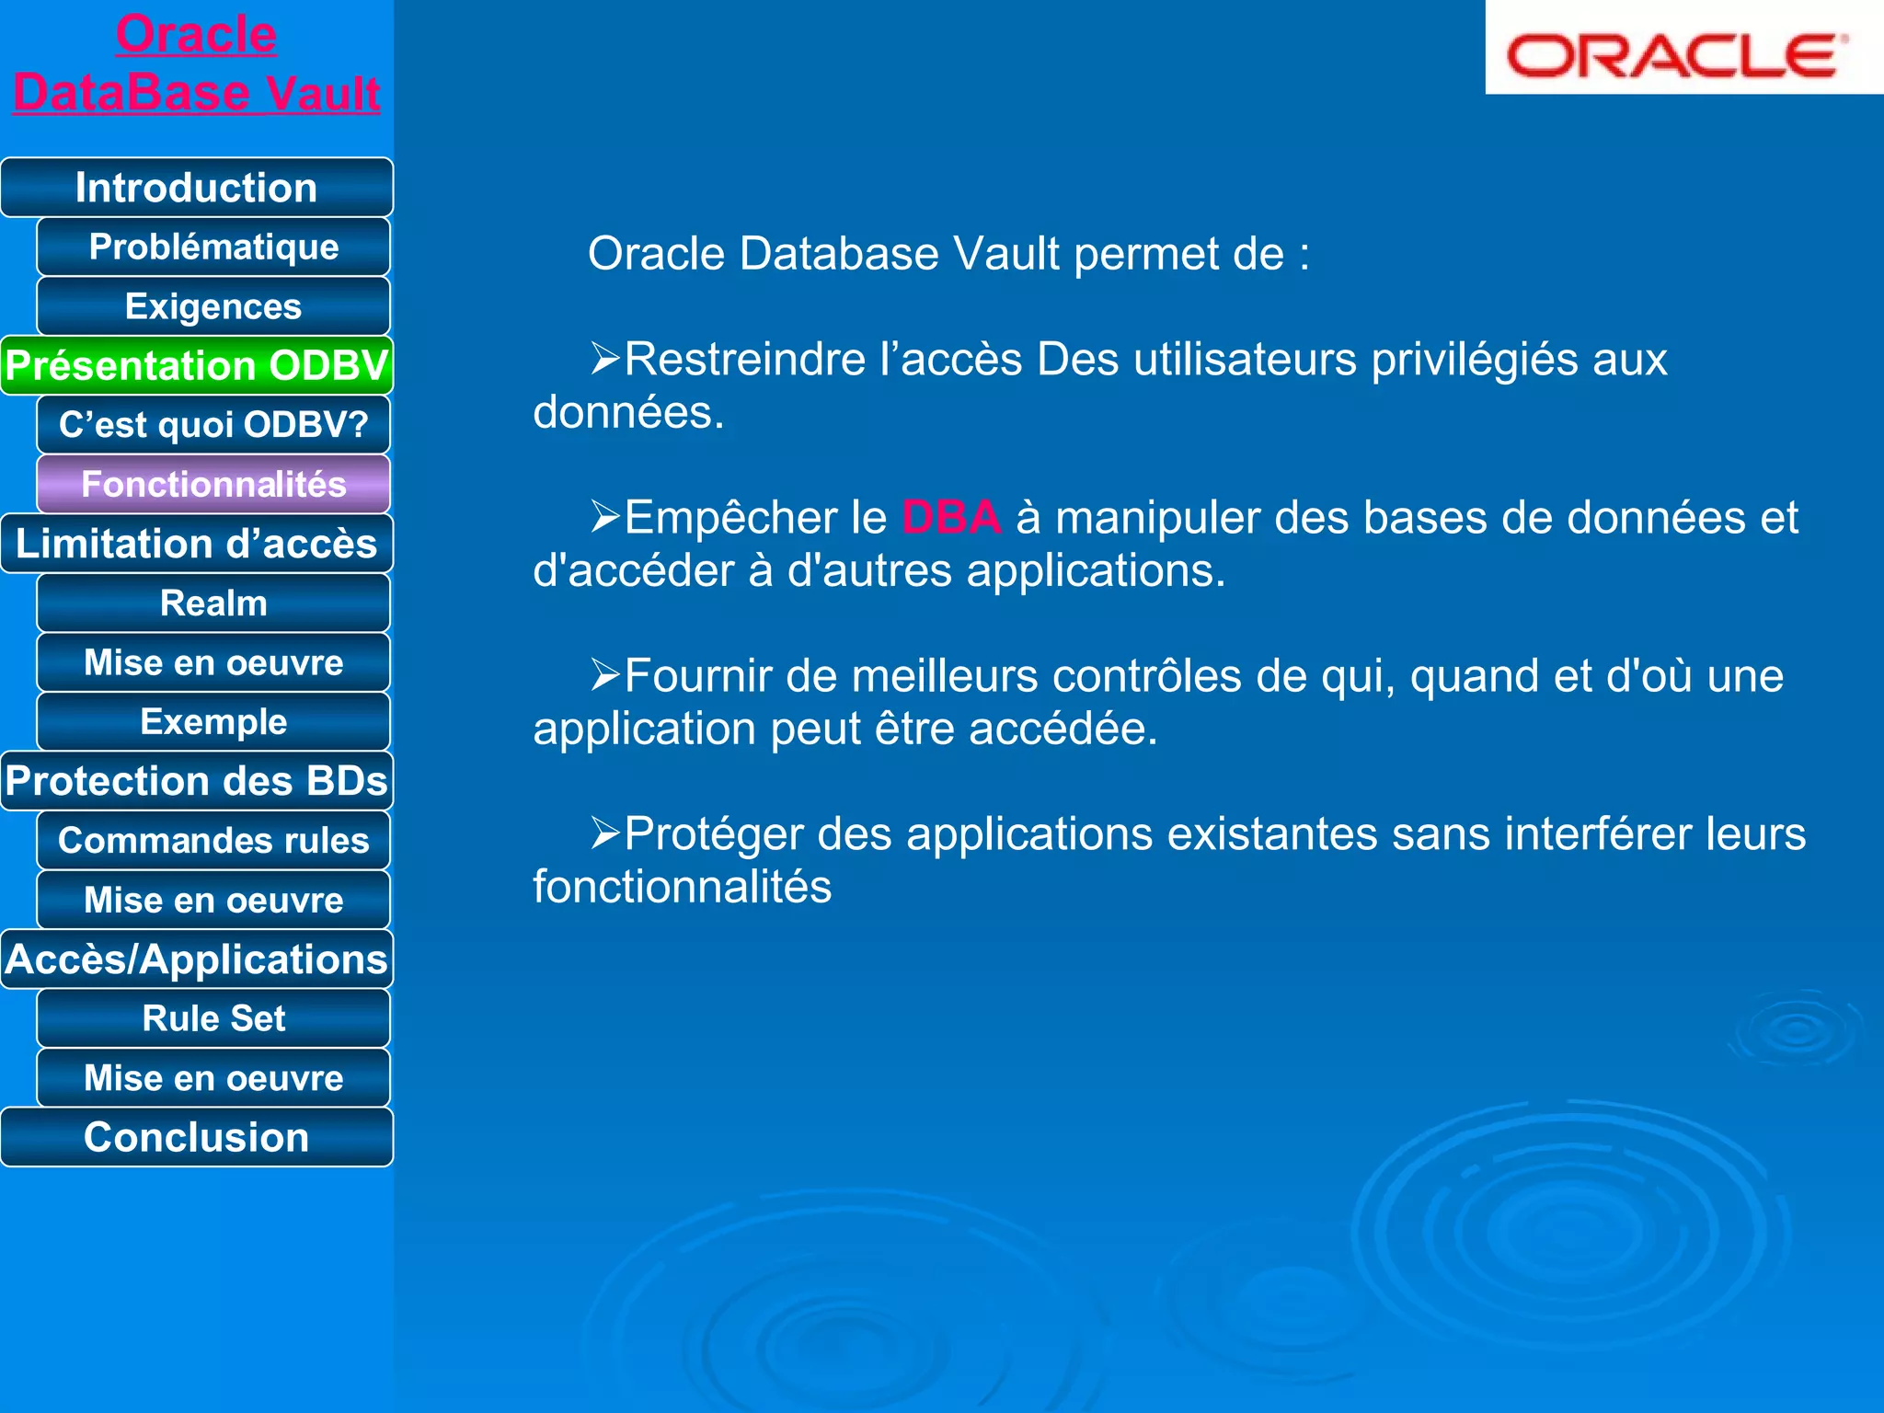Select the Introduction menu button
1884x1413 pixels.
click(196, 188)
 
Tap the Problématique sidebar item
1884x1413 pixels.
click(213, 247)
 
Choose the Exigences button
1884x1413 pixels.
click(213, 306)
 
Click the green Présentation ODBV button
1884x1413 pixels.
click(196, 365)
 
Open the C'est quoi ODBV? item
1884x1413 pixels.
click(213, 425)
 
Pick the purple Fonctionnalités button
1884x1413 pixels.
click(213, 484)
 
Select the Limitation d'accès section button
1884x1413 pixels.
click(196, 544)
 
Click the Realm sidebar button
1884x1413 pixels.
click(213, 603)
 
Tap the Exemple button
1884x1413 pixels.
click(213, 722)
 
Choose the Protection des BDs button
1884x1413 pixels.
click(196, 781)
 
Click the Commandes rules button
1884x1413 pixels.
click(213, 841)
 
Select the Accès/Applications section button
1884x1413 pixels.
click(196, 959)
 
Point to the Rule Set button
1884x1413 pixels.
click(213, 1018)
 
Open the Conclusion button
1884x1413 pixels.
click(196, 1137)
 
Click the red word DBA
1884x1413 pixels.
click(950, 518)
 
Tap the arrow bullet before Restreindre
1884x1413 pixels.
click(605, 358)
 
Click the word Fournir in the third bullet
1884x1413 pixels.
click(698, 676)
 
